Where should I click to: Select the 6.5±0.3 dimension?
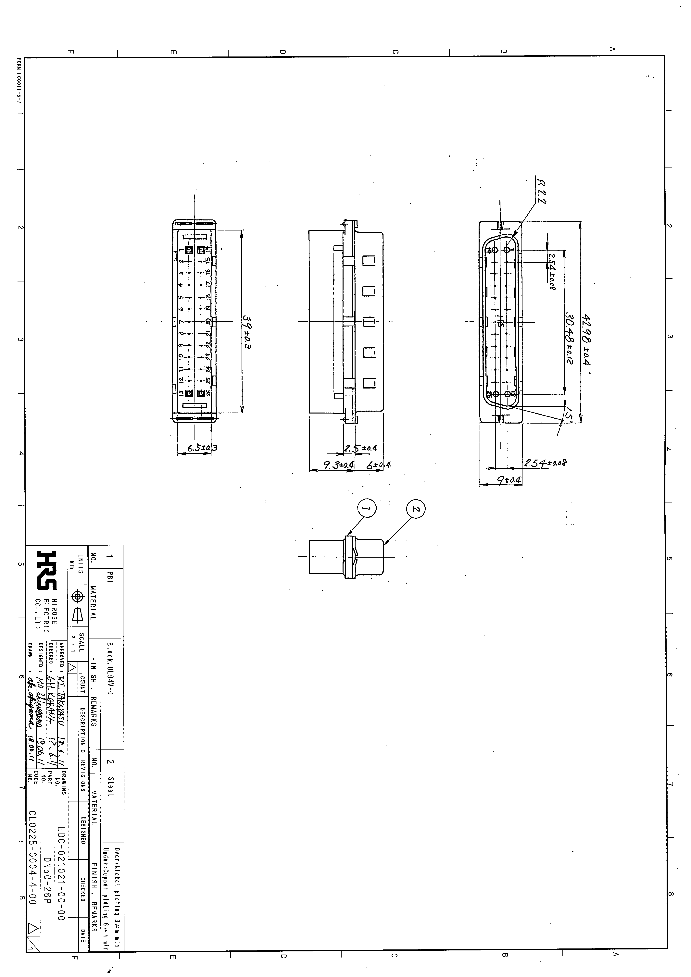(203, 448)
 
